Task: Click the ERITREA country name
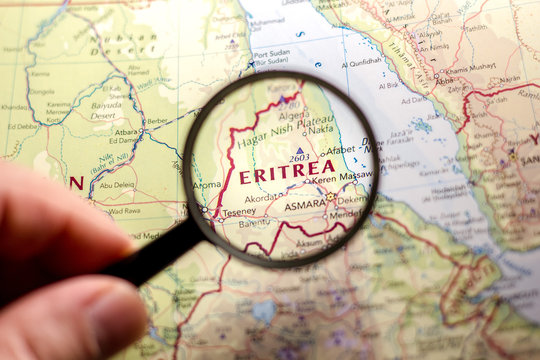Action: (x=287, y=174)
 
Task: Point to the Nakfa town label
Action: (x=320, y=128)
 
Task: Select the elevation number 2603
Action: (x=299, y=158)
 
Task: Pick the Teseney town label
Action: (x=238, y=211)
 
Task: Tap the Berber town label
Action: (x=155, y=120)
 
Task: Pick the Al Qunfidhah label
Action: (x=361, y=61)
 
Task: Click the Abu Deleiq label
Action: (x=117, y=184)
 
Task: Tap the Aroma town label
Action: (x=206, y=184)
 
